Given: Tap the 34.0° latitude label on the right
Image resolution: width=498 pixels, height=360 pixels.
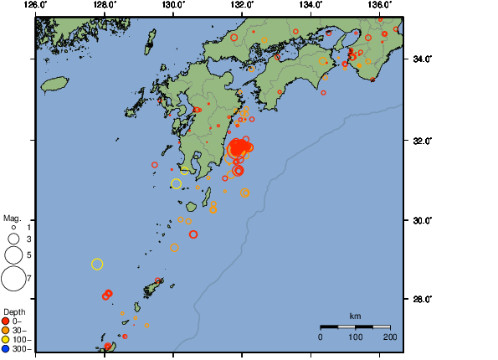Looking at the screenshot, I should click(x=419, y=59).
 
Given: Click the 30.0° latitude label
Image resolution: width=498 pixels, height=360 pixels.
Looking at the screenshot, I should click(x=419, y=220).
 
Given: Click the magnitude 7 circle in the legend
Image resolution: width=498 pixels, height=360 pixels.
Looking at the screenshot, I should click(x=13, y=277).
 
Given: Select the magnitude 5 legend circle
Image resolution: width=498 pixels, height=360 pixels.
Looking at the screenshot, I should click(x=13, y=255).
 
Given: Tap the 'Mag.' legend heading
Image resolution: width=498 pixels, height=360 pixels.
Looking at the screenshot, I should click(x=11, y=218).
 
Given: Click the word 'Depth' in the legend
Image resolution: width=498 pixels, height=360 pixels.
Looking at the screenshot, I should click(x=14, y=311).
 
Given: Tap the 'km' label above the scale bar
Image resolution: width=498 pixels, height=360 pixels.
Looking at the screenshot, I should click(x=355, y=316).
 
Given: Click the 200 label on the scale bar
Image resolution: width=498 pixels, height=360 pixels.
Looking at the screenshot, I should click(x=389, y=337).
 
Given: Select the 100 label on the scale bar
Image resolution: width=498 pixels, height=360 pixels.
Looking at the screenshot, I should click(x=355, y=337).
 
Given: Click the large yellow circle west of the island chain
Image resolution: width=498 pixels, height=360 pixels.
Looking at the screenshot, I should click(x=97, y=265).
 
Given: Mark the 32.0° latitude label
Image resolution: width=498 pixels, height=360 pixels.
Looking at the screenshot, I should click(x=419, y=141).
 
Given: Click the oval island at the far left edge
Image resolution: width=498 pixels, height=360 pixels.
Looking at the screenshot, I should click(x=54, y=84).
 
